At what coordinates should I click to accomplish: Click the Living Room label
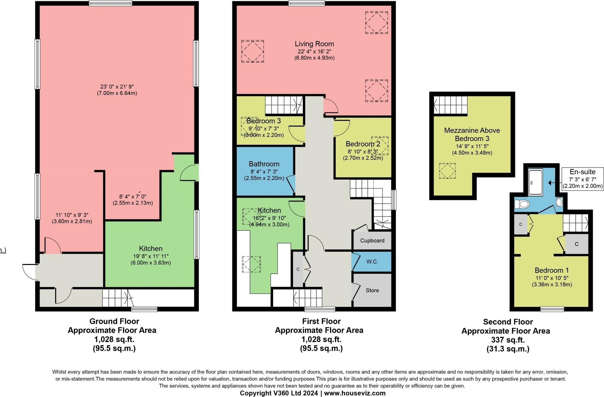click(314, 44)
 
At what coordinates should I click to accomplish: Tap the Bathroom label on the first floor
click(264, 164)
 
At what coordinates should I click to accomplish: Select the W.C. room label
click(372, 262)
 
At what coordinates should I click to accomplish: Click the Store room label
click(372, 290)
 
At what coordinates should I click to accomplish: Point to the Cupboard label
click(372, 240)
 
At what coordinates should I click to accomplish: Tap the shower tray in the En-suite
click(535, 183)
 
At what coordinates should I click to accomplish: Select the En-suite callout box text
click(582, 172)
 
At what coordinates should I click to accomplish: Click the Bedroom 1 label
click(552, 270)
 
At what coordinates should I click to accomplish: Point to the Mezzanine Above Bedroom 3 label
click(472, 134)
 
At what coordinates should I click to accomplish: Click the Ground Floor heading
click(114, 321)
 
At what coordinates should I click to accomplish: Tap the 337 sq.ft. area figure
click(508, 340)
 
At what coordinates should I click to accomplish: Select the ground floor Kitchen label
click(151, 249)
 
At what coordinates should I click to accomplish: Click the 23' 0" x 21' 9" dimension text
click(117, 87)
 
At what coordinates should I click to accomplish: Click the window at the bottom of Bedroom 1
click(552, 309)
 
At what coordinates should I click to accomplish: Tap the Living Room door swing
click(330, 106)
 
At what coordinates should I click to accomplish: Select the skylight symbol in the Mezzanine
click(447, 171)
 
